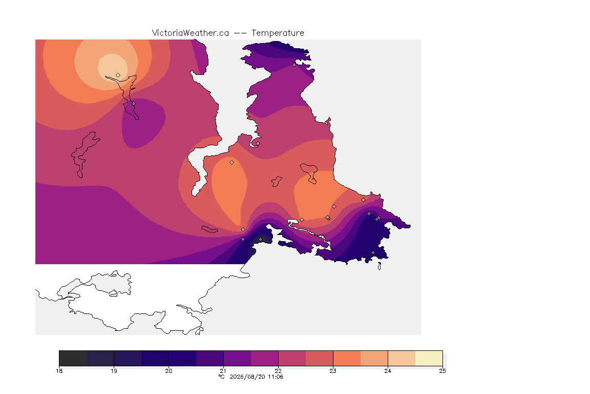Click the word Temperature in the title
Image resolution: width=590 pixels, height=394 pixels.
coord(278,33)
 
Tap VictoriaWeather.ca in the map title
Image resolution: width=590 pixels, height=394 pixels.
coord(191,33)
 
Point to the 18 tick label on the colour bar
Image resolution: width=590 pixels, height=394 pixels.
coord(59,371)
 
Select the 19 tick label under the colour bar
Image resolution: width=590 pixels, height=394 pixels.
coord(114,371)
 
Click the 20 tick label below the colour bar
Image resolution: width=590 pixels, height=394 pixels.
coord(168,371)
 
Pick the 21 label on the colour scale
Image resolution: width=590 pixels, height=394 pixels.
coord(223,371)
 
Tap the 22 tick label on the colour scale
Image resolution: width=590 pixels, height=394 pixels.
coord(278,371)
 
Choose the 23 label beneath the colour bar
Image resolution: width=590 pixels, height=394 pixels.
coord(333,371)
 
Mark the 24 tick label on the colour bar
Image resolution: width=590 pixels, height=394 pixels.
coord(388,371)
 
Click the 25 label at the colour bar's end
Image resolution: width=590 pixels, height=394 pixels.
coord(442,371)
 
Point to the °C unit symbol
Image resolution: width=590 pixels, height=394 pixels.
coord(222,377)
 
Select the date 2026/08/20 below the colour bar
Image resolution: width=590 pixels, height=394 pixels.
coord(247,377)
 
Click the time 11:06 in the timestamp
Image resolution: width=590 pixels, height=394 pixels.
coord(276,377)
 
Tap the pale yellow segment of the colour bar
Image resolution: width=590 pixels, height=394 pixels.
coord(429,358)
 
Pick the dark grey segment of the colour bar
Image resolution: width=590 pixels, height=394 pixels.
coord(73,358)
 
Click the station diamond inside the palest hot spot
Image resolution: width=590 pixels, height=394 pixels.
coord(118,75)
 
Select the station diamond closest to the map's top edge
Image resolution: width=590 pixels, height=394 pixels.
coord(294,65)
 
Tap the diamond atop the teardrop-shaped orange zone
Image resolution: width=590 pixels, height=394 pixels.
coord(232,163)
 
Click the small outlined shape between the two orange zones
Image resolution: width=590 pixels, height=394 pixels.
coord(277,182)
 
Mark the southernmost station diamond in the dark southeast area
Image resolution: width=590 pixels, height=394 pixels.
coord(373,252)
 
